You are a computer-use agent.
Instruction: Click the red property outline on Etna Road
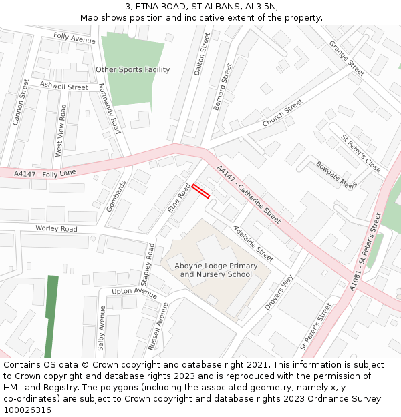point(201,191)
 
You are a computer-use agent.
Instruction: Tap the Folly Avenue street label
point(74,39)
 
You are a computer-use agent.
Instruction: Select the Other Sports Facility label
point(132,69)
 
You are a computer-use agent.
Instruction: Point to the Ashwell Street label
point(63,86)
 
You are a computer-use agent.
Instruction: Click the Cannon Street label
point(21,102)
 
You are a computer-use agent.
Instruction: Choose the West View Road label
point(61,130)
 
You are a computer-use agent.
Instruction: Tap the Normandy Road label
point(109,109)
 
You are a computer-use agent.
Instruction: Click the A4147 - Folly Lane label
point(45,173)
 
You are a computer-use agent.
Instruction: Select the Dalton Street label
point(201,55)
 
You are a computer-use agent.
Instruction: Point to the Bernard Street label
point(222,87)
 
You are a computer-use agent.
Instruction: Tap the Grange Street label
point(346,58)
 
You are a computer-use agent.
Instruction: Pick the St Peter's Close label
point(361,153)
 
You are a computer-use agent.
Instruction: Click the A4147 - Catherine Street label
point(249,194)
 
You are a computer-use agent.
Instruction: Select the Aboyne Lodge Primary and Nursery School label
point(216,270)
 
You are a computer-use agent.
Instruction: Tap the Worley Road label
point(57,228)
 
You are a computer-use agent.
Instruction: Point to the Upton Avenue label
point(134,292)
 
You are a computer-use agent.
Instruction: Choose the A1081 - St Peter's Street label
point(365,250)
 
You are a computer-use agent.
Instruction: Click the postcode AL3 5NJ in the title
point(259,7)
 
